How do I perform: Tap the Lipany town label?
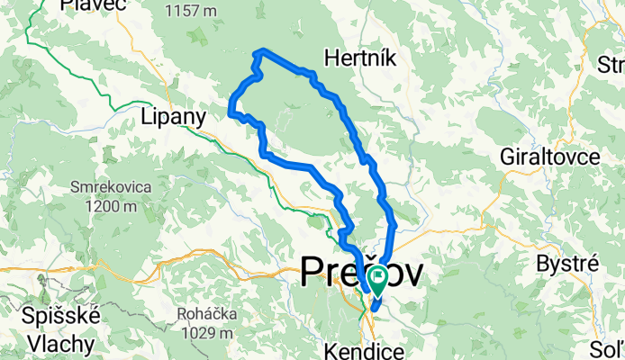click(x=174, y=117)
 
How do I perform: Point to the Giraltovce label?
click(x=549, y=157)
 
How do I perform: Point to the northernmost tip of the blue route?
click(x=262, y=50)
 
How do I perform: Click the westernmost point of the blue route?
click(x=231, y=113)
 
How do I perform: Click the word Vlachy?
click(x=60, y=343)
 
